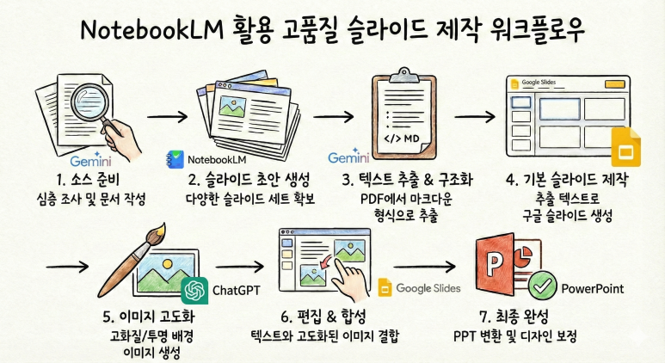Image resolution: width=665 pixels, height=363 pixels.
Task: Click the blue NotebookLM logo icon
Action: [x=175, y=159]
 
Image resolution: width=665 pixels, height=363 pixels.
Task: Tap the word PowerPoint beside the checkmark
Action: [x=593, y=288]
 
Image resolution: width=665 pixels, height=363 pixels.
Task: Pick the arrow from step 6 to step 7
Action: [x=422, y=268]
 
